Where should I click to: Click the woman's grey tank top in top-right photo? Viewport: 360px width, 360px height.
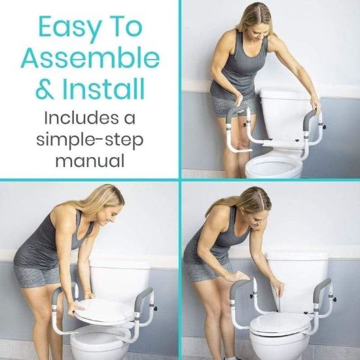point(236,65)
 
